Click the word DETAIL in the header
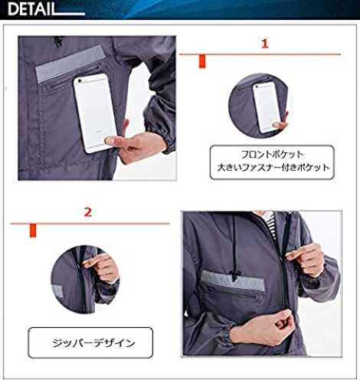click(x=31, y=9)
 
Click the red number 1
click(x=265, y=44)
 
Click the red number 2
click(x=88, y=212)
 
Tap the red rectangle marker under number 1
click(x=202, y=61)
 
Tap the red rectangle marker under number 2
click(x=33, y=231)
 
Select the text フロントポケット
click(x=272, y=155)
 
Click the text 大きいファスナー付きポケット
click(x=273, y=168)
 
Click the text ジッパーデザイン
click(x=93, y=343)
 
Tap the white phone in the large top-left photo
click(x=95, y=113)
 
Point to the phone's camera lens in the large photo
click(x=80, y=81)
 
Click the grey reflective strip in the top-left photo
click(x=70, y=64)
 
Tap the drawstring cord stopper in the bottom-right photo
click(x=234, y=276)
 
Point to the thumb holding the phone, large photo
click(x=114, y=141)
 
